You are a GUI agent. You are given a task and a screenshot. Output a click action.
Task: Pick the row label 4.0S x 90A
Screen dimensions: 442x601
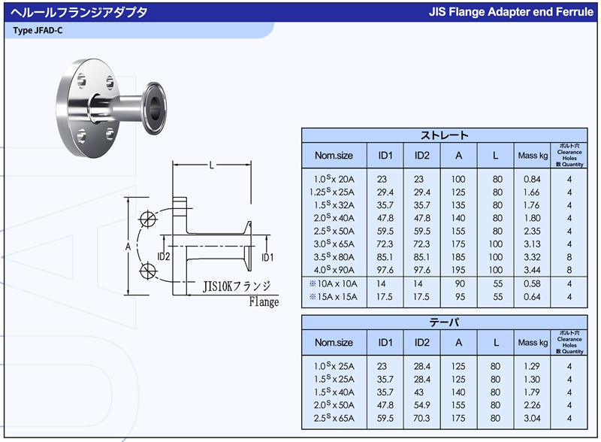334,269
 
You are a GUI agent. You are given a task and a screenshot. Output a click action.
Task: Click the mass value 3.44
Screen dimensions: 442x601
533,269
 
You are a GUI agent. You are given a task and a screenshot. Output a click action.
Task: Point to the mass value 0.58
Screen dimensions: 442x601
533,283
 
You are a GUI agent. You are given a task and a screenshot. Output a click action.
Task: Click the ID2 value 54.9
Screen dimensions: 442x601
421,406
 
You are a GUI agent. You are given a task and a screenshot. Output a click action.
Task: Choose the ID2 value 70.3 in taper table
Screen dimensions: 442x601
421,419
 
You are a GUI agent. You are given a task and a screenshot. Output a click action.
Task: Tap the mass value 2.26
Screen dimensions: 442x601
533,406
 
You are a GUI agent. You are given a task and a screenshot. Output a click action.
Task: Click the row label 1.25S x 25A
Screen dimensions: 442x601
334,192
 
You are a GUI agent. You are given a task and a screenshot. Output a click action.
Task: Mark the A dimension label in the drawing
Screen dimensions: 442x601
128,247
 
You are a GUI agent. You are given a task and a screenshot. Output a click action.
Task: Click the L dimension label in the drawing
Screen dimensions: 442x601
212,165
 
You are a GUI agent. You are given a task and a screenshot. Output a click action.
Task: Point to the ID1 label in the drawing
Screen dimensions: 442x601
267,257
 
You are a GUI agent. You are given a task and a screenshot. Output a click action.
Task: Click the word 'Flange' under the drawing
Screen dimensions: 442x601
264,302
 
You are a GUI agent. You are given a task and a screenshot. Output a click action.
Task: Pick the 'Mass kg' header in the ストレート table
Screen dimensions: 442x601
533,156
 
